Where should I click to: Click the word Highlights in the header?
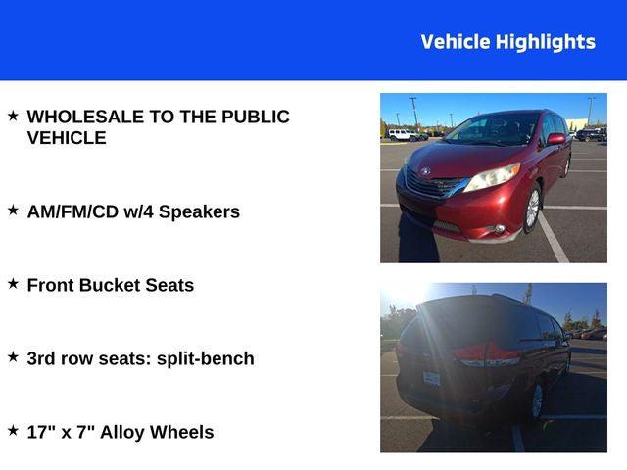pos(546,42)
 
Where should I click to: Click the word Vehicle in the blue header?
pos(456,42)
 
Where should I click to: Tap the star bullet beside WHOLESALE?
pos(13,116)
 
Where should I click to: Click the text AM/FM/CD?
pos(72,211)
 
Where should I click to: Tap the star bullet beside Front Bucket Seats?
pos(13,283)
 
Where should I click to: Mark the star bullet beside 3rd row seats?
pos(13,356)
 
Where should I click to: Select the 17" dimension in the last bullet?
pos(42,431)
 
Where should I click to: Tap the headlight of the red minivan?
pos(492,177)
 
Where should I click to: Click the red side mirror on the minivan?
pos(556,139)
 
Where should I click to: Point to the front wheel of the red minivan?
pos(532,209)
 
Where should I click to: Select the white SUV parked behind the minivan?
pos(404,134)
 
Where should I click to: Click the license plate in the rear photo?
pos(431,378)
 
